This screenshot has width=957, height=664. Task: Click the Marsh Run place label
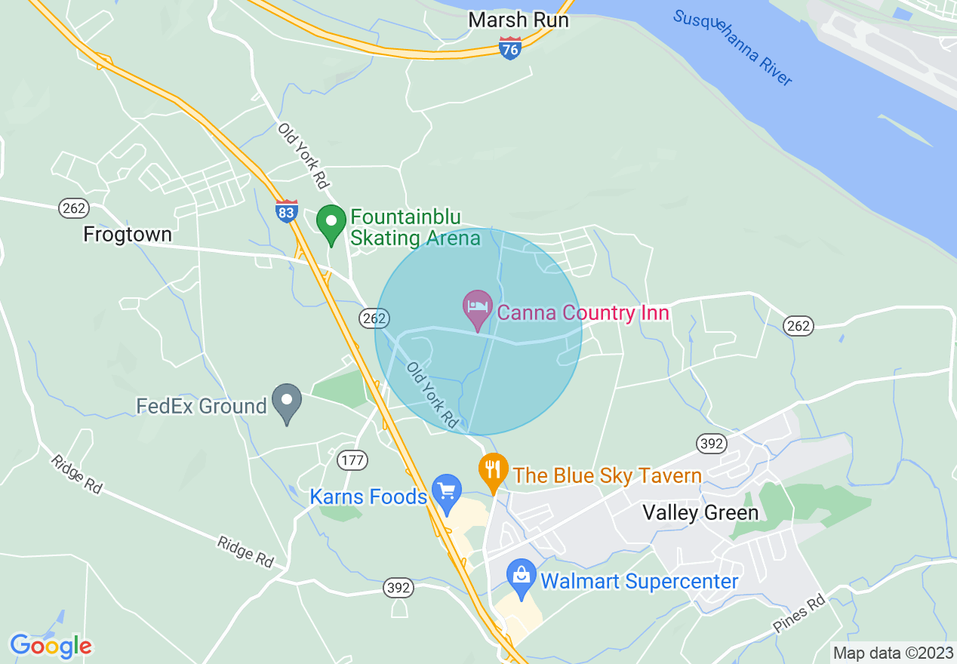518,20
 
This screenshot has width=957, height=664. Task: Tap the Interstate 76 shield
510,49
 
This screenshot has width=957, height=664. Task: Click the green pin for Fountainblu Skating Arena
331,223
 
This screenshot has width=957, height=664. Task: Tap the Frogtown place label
128,235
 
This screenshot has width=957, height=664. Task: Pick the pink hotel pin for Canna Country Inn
478,309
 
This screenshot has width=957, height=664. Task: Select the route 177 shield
353,460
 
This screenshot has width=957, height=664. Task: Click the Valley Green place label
700,513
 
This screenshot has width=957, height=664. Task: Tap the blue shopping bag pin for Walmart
521,577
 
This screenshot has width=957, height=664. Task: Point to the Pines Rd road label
799,615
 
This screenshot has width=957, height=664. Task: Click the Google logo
51,647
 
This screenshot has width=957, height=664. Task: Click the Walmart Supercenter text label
639,582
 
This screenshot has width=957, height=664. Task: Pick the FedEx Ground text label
202,407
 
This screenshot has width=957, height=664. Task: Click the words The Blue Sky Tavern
608,476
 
